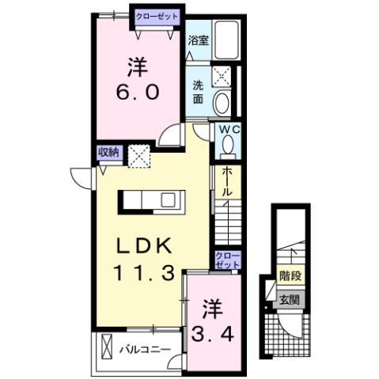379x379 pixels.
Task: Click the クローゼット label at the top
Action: pos(157,15)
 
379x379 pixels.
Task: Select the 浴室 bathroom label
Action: pos(199,40)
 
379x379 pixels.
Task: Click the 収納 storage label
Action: pos(108,153)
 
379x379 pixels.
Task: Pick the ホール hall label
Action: pos(228,180)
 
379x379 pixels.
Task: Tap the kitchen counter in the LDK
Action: pos(151,200)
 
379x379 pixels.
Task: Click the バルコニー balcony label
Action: pos(145,347)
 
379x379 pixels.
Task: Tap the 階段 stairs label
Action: pos(290,277)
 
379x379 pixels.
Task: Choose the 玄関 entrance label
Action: pos(290,300)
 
